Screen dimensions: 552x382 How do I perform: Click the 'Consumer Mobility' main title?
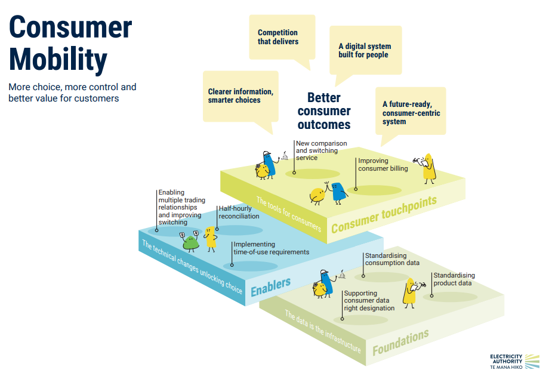click(x=70, y=44)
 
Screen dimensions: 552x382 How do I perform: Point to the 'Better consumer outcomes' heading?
click(x=324, y=111)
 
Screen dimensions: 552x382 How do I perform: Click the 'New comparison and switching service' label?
click(x=321, y=150)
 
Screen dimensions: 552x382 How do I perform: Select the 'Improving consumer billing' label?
click(x=383, y=164)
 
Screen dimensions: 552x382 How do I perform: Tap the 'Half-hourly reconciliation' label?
click(x=239, y=212)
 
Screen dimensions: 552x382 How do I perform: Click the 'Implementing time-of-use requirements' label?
click(x=271, y=248)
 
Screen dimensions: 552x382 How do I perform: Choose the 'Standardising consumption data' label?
click(x=392, y=259)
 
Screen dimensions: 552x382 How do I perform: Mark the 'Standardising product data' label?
click(x=454, y=279)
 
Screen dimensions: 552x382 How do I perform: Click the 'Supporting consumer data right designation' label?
click(x=369, y=300)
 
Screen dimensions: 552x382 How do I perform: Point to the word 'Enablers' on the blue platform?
click(x=271, y=286)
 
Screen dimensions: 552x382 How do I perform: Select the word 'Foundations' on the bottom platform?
click(x=400, y=341)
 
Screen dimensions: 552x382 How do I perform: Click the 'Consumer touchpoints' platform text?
click(x=384, y=214)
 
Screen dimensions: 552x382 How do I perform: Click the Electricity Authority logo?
click(x=514, y=362)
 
